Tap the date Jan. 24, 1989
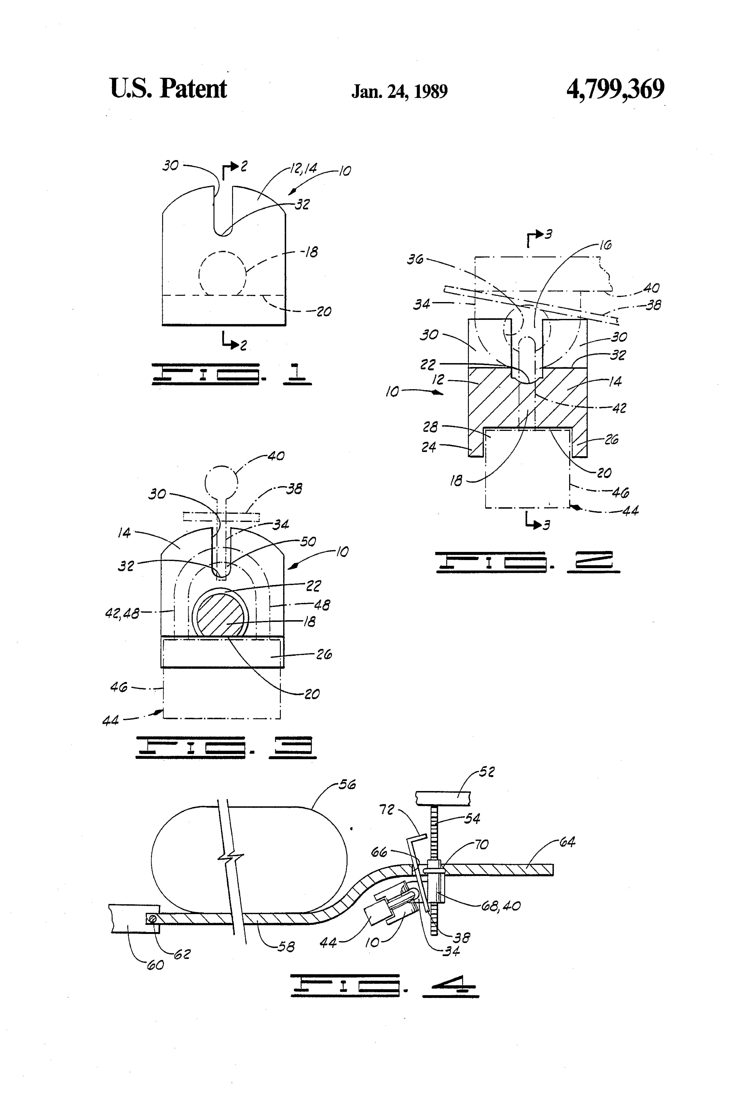coord(400,91)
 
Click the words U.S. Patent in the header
coord(169,89)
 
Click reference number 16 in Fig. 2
coord(605,245)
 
